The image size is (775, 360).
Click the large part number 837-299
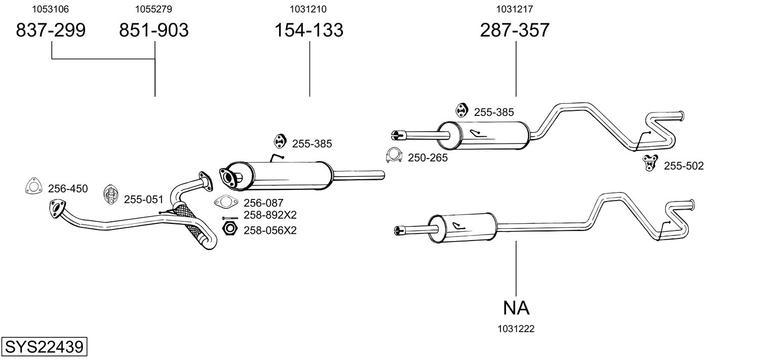51,30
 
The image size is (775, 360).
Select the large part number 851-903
153,30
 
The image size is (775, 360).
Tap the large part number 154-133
308,30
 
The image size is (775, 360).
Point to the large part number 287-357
514,30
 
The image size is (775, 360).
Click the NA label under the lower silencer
516,308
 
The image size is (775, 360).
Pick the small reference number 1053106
50,9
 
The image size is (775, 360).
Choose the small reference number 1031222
516,329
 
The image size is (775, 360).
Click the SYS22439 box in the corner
44,347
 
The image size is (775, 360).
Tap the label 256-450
68,189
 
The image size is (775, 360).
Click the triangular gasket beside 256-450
33,186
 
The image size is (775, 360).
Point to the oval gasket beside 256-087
226,202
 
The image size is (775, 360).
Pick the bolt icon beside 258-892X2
230,218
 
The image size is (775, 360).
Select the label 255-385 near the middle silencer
312,144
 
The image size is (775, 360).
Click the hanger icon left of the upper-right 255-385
461,110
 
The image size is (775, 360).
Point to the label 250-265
428,158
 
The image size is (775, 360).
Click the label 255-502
683,166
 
